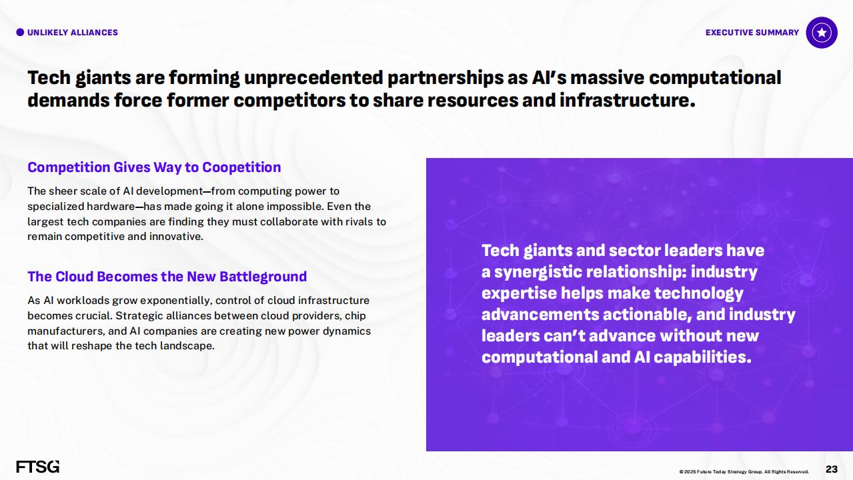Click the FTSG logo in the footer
[x=38, y=467]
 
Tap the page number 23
[x=832, y=469]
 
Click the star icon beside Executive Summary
[x=822, y=33]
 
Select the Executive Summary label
[x=752, y=33]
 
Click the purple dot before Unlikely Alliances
[x=20, y=33]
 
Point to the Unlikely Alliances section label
[x=73, y=33]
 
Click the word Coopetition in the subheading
[x=241, y=167]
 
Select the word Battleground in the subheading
[x=263, y=277]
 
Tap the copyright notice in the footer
[x=744, y=471]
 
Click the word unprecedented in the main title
[x=313, y=77]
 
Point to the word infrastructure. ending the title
[x=628, y=100]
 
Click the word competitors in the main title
[x=289, y=101]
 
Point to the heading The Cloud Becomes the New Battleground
[x=167, y=277]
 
